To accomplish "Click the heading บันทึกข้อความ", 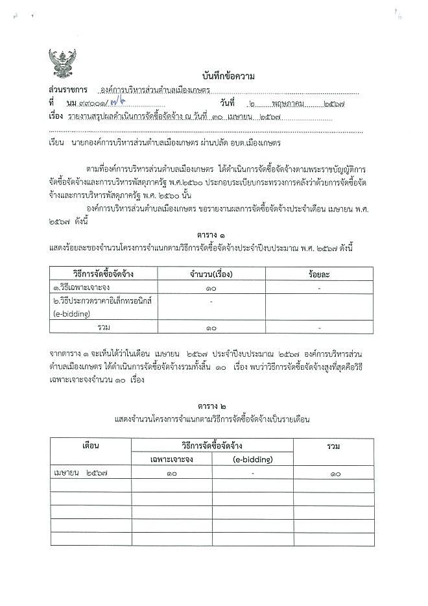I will pyautogui.click(x=228, y=77).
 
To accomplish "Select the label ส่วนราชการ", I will pyautogui.click(x=67, y=91).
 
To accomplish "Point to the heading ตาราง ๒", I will pyautogui.click(x=211, y=406).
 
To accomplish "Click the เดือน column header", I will pyautogui.click(x=90, y=446).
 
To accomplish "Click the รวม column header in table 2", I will pyautogui.click(x=334, y=446).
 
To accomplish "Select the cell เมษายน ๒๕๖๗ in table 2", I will pyautogui.click(x=80, y=474).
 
